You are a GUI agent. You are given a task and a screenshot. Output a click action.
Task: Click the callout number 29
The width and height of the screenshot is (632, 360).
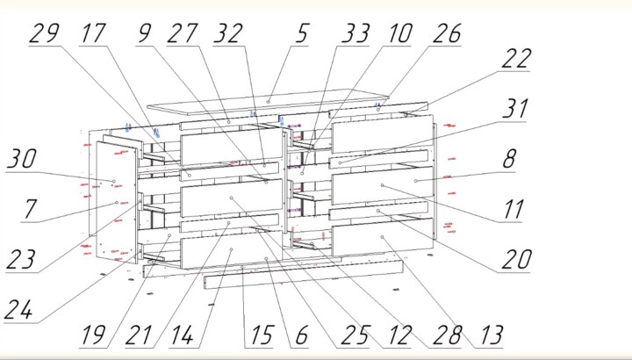click(45, 33)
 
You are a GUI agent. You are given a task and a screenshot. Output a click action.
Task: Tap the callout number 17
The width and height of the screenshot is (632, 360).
click(94, 33)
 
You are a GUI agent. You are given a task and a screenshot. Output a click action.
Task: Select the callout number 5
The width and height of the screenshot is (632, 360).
click(302, 33)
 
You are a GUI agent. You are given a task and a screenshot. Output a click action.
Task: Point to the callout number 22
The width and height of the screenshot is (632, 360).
click(517, 59)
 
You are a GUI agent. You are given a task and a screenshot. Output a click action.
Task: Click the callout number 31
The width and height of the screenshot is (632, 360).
click(515, 109)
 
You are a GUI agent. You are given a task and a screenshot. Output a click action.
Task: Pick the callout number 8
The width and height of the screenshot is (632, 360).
click(508, 159)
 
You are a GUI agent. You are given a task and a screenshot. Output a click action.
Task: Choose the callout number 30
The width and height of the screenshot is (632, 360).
click(22, 159)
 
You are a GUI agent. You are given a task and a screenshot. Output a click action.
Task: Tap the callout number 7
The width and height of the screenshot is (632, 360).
click(30, 209)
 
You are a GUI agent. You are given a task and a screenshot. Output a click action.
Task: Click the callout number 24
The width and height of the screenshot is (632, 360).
click(18, 310)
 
